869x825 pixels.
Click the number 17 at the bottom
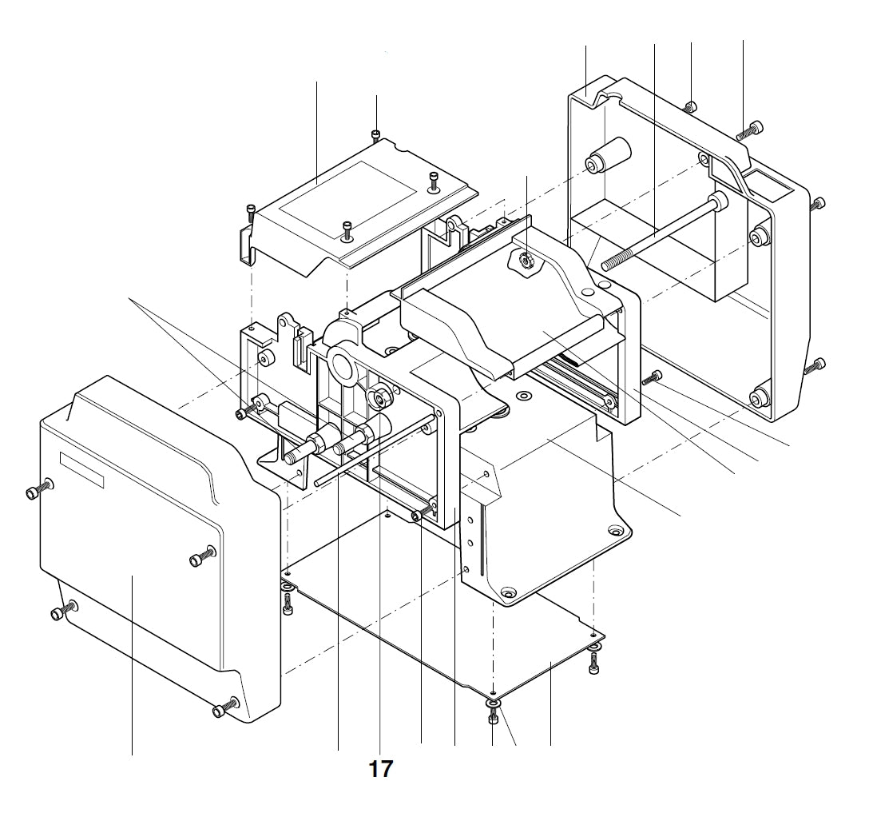380,769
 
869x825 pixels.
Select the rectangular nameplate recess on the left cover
82,468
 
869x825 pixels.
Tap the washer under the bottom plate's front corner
493,703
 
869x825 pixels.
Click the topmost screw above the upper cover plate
376,134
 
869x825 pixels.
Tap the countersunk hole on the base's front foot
507,592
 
